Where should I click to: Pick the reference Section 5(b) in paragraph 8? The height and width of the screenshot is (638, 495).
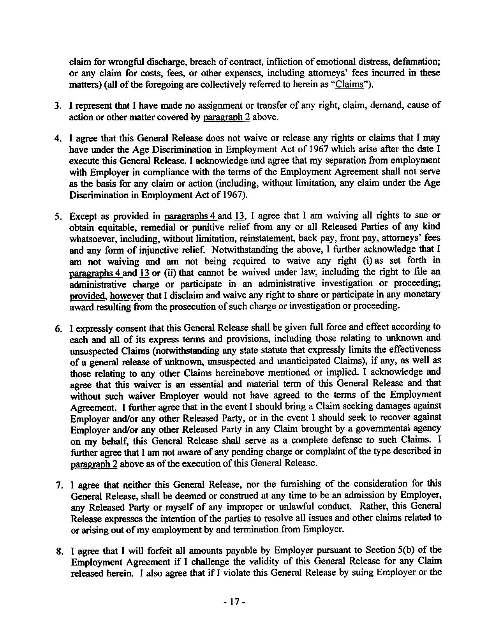coord(394,551)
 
